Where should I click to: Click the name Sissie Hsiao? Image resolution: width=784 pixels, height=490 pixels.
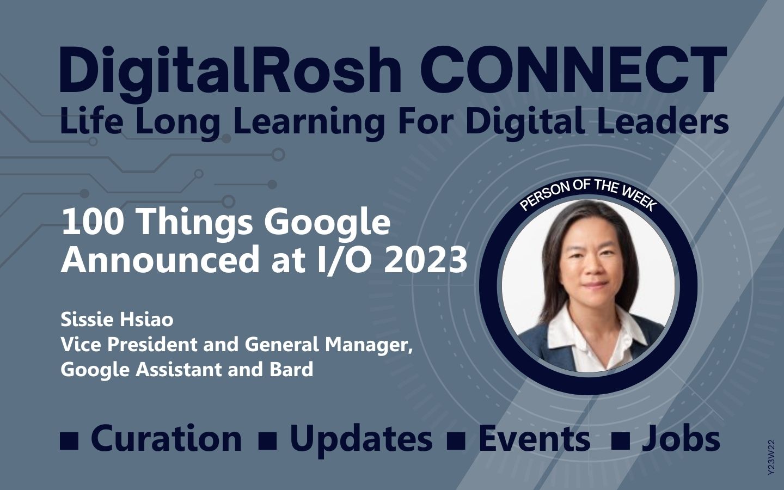pos(117,319)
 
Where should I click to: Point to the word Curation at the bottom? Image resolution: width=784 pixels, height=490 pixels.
pos(166,438)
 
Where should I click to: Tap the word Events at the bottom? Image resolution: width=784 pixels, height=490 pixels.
pos(534,438)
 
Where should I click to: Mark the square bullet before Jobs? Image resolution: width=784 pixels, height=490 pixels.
pos(621,442)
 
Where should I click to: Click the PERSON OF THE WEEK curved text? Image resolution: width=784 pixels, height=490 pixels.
pos(587,194)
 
